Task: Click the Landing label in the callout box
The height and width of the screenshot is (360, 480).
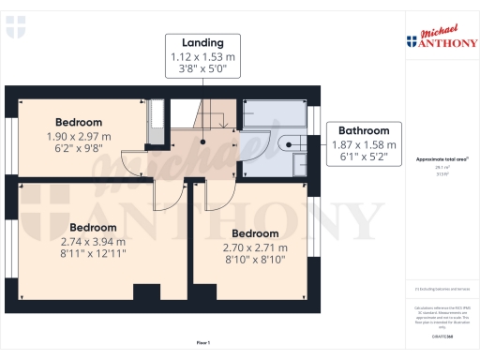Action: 202,42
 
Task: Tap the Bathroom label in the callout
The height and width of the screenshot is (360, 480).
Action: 364,131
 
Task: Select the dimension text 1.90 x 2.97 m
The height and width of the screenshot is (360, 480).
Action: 79,136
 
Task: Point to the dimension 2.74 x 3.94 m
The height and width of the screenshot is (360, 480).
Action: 92,241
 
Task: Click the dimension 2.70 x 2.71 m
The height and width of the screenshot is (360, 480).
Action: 255,247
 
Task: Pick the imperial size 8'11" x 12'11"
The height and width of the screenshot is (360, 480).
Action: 92,253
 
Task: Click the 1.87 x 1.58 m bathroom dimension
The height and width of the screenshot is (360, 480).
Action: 364,144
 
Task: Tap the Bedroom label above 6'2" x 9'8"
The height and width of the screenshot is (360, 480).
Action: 79,123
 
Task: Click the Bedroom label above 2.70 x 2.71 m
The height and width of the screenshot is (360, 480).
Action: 255,233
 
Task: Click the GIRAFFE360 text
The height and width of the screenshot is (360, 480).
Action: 440,335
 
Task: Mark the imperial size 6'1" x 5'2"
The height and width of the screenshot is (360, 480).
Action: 364,157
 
